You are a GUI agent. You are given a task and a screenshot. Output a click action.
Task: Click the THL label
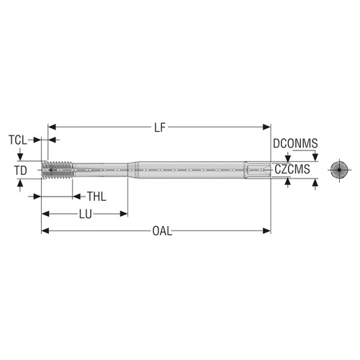coord(96,197)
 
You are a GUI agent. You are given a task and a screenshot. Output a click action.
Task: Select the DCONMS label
coord(296,144)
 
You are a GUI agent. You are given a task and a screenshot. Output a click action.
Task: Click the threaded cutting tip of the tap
coord(58,171)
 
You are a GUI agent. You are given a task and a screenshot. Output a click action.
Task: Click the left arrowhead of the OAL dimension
coord(43,231)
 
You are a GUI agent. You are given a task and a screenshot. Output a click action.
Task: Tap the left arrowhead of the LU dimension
coord(44,214)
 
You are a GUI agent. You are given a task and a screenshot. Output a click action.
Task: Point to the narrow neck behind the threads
coord(101,171)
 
